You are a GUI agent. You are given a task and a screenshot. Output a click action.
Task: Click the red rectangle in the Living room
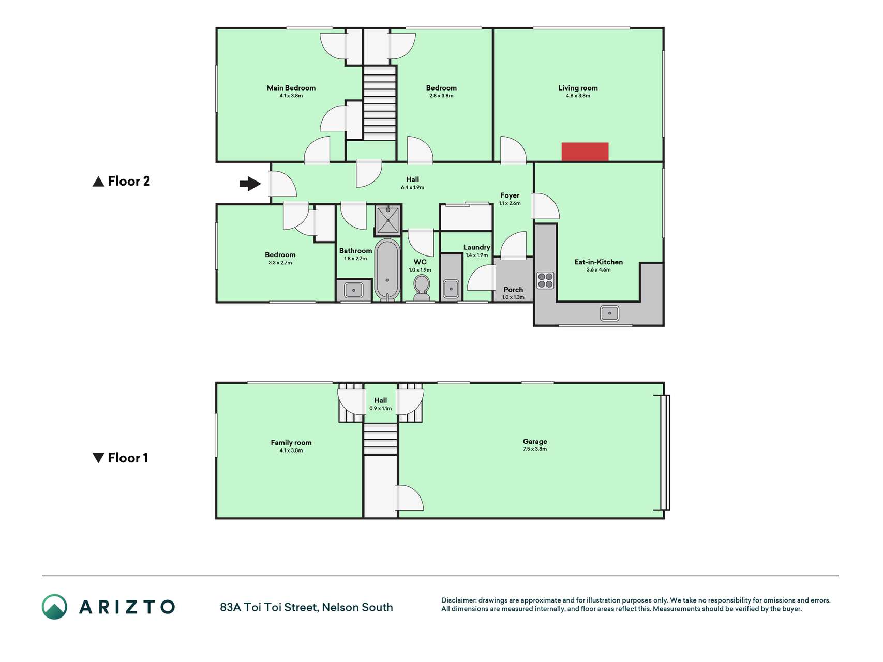585,152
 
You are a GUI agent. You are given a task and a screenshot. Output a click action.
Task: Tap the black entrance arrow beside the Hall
250,183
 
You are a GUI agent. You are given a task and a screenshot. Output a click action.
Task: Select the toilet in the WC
422,288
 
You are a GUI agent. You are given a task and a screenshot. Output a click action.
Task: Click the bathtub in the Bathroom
387,269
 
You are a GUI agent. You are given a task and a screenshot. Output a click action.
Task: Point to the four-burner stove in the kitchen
545,280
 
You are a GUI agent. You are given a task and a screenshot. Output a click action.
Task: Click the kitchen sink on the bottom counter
610,313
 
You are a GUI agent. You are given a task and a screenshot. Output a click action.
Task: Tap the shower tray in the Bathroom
388,220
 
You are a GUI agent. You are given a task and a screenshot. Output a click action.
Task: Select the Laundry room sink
451,289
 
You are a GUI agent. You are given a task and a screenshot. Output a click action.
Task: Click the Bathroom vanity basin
354,290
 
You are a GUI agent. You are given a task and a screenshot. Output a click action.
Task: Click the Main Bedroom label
291,88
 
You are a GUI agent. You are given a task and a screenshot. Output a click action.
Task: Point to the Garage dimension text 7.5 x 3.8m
535,449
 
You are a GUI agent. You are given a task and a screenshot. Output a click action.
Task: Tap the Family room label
291,442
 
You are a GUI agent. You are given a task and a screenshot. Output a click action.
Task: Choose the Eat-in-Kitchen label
598,262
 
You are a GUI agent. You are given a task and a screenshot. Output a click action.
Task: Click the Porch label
513,290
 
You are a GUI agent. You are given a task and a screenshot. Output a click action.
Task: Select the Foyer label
510,195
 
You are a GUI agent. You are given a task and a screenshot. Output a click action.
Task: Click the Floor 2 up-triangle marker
98,182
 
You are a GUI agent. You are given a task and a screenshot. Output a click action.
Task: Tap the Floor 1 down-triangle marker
98,458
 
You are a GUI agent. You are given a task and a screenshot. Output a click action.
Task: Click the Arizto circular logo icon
54,607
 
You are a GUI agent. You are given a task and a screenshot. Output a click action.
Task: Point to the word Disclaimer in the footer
459,600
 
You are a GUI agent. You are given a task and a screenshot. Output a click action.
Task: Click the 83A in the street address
230,607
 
